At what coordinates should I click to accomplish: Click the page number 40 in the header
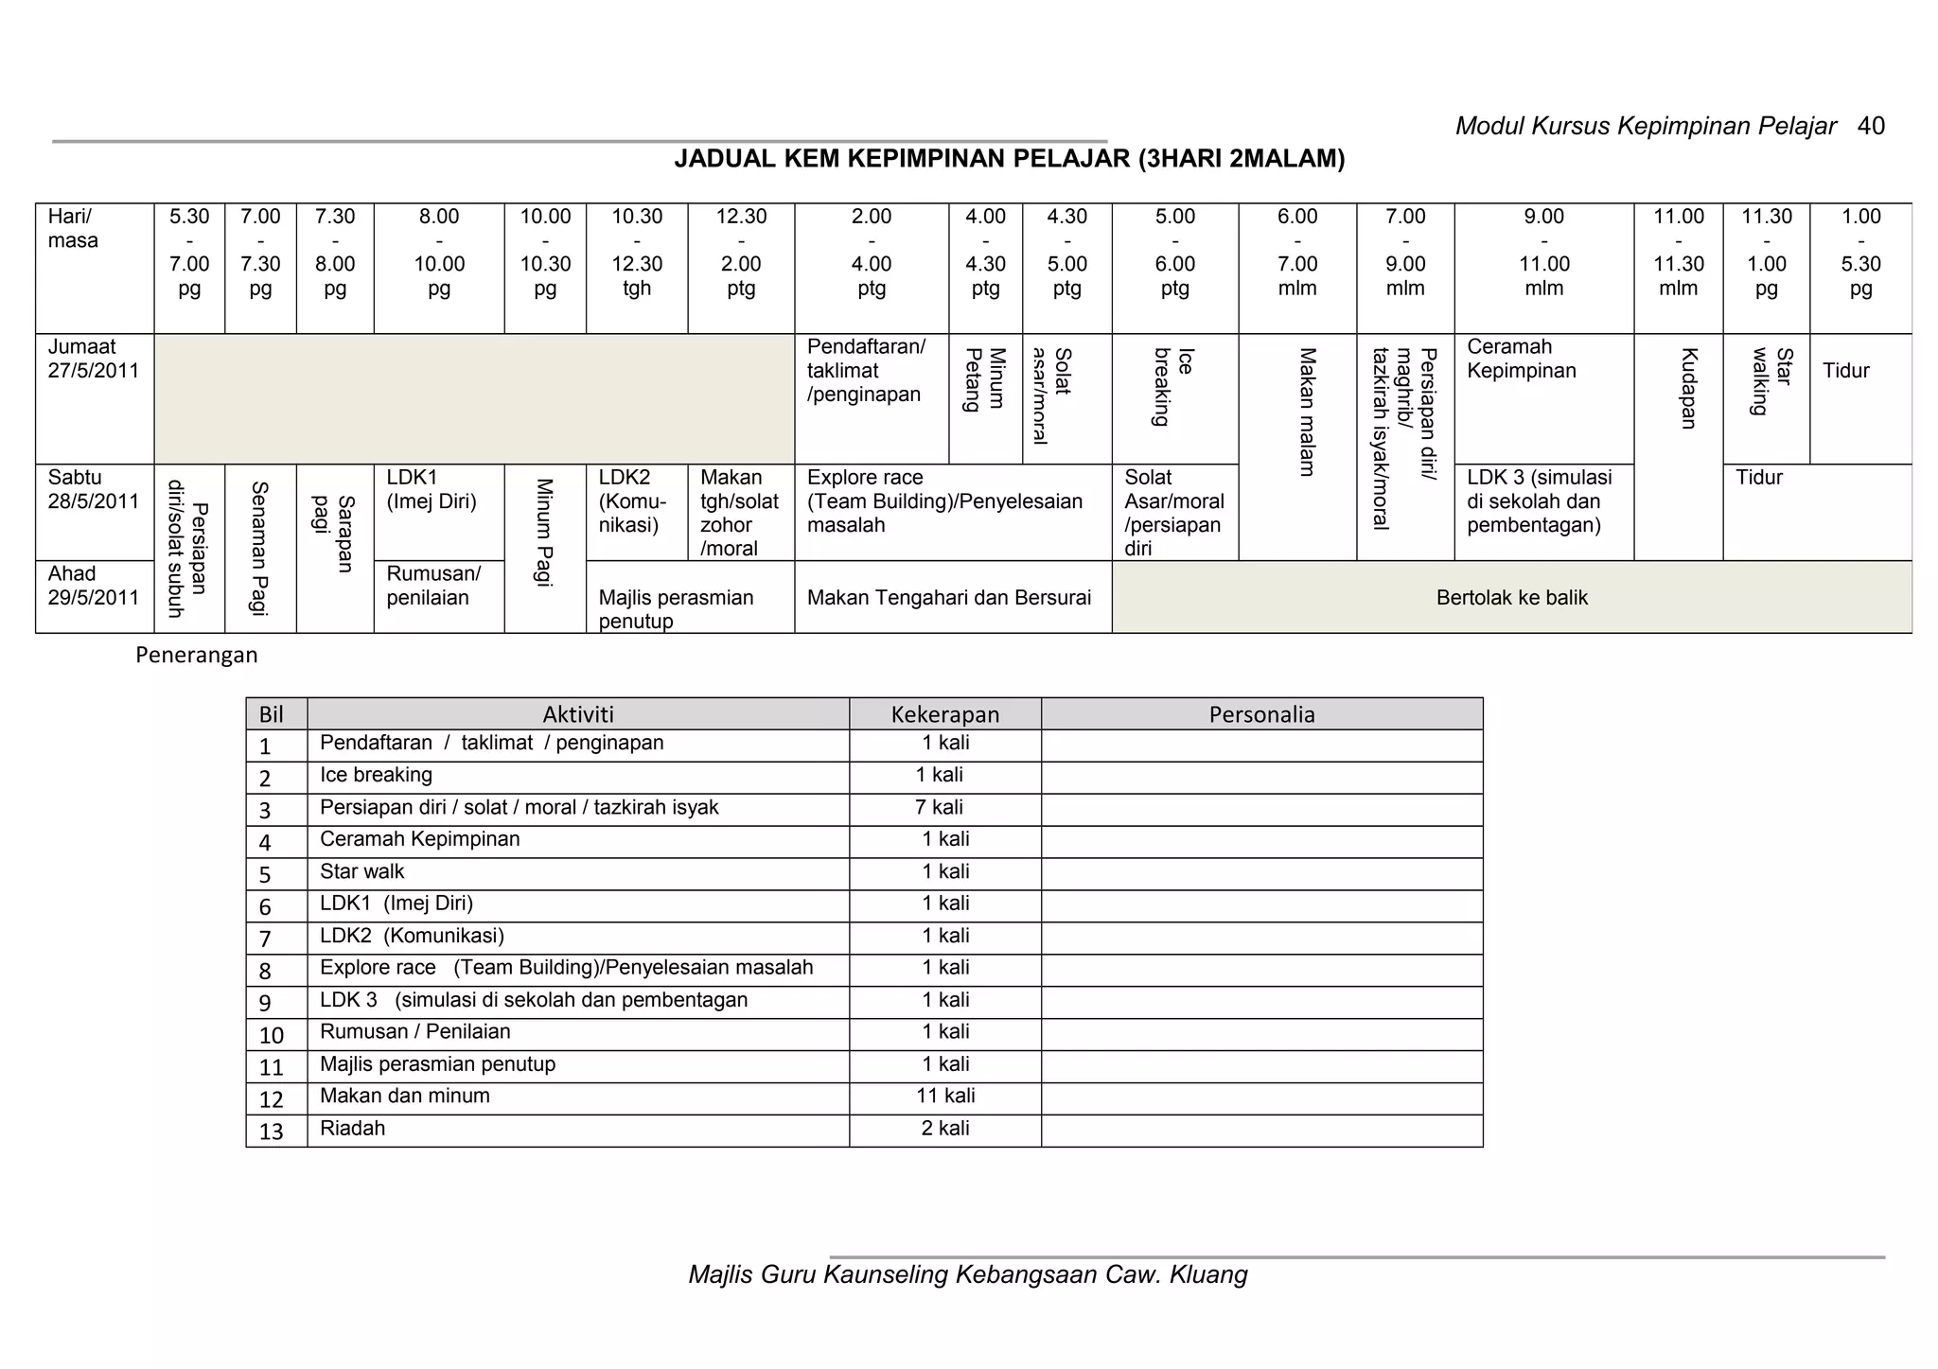tap(1871, 126)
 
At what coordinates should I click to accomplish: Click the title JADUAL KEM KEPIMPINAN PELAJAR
tap(1009, 159)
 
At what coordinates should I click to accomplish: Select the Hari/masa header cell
tap(73, 229)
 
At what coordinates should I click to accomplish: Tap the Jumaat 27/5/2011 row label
tap(93, 360)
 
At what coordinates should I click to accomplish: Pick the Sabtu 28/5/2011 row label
tap(93, 490)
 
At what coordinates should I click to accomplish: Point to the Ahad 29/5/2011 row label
tap(93, 586)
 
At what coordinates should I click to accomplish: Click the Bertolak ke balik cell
tap(1511, 598)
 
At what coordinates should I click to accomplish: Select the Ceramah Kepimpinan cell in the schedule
tap(1522, 360)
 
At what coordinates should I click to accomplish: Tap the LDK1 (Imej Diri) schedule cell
tap(432, 490)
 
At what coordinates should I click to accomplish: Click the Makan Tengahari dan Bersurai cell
tap(948, 598)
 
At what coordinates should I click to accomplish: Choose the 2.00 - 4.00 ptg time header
tap(871, 253)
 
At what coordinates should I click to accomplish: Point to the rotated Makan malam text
tap(1307, 412)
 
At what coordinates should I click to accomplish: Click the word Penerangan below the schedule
tap(196, 655)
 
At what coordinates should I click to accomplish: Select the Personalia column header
tap(1261, 714)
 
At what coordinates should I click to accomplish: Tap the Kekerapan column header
tap(944, 714)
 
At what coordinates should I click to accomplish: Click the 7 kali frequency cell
tap(939, 808)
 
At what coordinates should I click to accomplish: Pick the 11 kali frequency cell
tap(945, 1097)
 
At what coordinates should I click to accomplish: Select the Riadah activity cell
tap(352, 1129)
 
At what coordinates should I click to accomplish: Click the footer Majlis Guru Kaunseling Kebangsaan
tap(967, 1275)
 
